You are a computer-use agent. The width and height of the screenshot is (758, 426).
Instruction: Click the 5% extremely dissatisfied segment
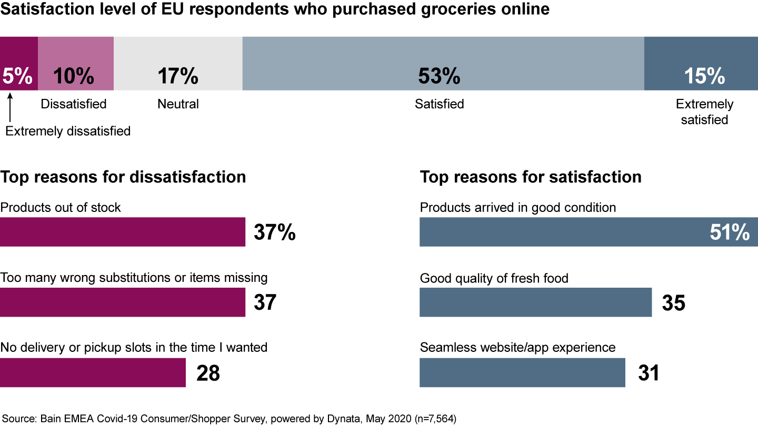18,63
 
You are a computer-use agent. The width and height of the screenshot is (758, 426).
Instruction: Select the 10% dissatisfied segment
75,63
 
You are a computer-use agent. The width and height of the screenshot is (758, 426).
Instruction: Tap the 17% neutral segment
178,63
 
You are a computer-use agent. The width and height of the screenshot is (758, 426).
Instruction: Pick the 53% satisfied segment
443,63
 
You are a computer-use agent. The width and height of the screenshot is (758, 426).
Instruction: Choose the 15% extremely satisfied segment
701,63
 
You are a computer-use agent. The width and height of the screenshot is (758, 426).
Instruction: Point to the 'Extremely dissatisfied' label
68,131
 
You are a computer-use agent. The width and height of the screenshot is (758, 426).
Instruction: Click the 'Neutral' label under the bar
178,104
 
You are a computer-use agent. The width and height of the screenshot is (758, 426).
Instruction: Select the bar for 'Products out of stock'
122,232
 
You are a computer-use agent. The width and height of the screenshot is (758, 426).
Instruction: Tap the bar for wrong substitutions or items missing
122,302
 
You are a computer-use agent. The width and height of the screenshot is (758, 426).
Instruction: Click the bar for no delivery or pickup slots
93,373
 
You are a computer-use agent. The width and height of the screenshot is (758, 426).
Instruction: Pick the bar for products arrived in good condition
589,232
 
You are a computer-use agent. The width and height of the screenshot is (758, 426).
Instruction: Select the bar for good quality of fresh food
535,302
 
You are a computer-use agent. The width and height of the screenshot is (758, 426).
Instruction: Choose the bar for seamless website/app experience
522,373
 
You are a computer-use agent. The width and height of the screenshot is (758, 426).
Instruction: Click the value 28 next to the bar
208,373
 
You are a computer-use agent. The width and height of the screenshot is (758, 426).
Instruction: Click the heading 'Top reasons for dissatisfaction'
123,177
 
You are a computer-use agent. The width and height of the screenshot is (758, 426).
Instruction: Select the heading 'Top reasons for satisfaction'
531,177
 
